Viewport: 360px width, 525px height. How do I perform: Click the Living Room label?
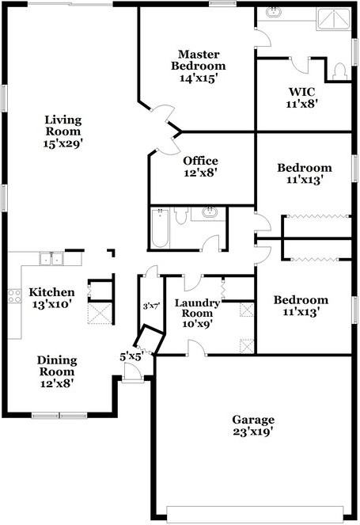tap(63, 126)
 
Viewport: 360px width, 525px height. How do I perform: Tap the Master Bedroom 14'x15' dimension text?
tap(199, 78)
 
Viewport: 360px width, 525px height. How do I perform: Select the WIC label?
tap(301, 91)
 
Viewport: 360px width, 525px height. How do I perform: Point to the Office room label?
tap(200, 161)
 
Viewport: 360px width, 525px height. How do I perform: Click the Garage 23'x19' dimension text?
tap(253, 432)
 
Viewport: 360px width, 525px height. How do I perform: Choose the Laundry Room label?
tap(197, 308)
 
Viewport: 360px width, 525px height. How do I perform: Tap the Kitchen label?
tap(51, 292)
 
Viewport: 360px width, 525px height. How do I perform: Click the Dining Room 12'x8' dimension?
tap(57, 383)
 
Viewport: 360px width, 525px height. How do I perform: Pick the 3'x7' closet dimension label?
tap(151, 306)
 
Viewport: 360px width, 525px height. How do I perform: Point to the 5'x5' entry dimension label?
tap(132, 356)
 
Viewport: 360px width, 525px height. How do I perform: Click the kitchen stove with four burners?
tap(15, 296)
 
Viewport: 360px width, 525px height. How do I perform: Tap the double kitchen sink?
tap(51, 258)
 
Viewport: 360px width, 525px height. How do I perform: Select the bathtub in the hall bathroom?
tap(160, 228)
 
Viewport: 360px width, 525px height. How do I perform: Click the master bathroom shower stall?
tap(334, 19)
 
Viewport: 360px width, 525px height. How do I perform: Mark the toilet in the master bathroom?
tap(339, 71)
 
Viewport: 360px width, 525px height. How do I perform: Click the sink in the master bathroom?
tap(274, 12)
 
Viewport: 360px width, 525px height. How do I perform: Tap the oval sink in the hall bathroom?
tap(210, 212)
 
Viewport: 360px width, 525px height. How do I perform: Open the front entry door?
tap(132, 371)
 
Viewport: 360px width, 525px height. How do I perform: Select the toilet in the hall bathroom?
tap(181, 216)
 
